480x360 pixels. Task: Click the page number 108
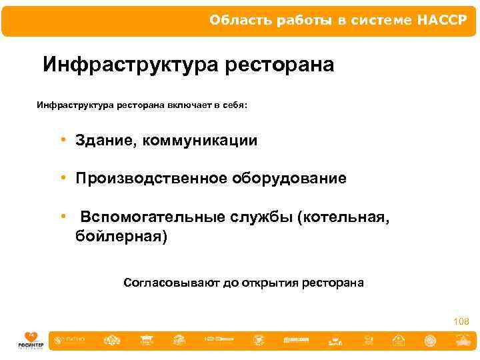pyautogui.click(x=461, y=321)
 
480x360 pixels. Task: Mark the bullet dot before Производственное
pyautogui.click(x=61, y=178)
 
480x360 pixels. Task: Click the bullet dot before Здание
pyautogui.click(x=61, y=140)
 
